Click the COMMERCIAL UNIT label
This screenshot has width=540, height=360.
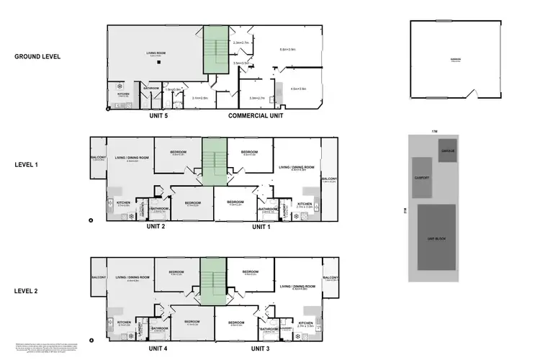[x=256, y=115]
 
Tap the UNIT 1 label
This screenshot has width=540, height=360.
[x=261, y=227]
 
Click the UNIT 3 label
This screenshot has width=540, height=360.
[x=261, y=348]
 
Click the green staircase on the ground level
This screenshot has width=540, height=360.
[x=214, y=49]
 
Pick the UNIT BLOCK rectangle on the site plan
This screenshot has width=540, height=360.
[x=436, y=237]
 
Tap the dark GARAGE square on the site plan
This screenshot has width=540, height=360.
[x=447, y=150]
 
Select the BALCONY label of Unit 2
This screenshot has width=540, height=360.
[x=99, y=158]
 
